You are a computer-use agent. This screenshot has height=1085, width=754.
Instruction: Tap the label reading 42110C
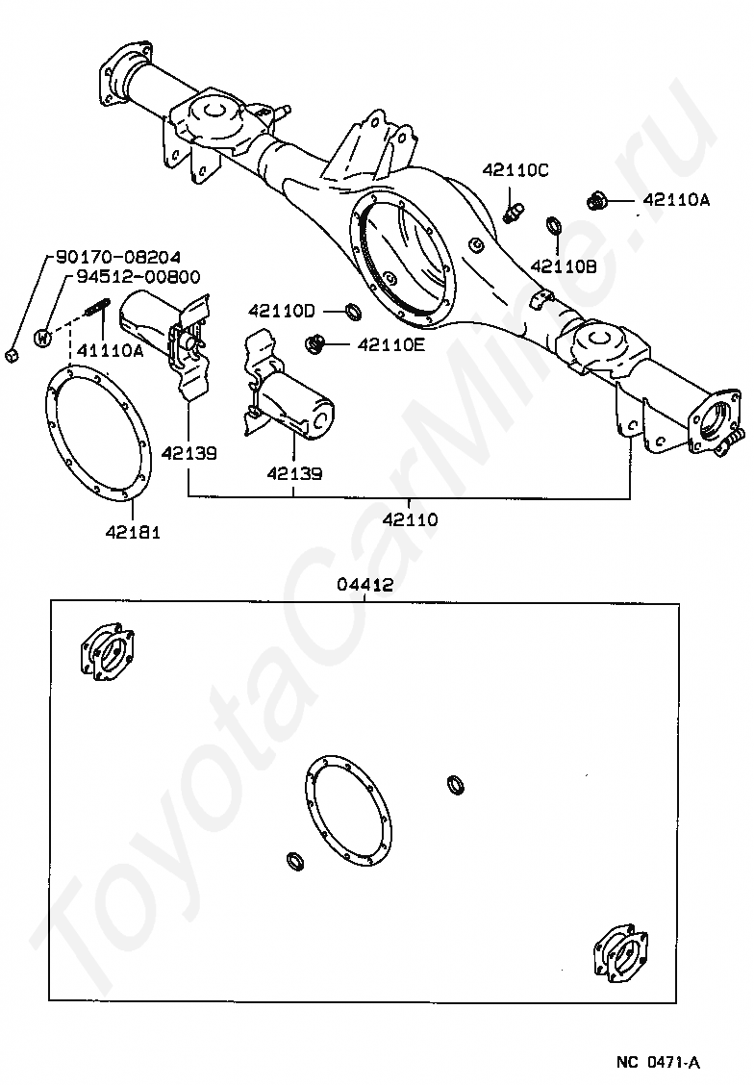pyautogui.click(x=515, y=170)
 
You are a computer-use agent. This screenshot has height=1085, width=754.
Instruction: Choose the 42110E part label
pyautogui.click(x=391, y=343)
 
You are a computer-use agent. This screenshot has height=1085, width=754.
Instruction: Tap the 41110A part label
pyautogui.click(x=110, y=351)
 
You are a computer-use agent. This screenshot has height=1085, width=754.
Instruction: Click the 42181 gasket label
pyautogui.click(x=128, y=531)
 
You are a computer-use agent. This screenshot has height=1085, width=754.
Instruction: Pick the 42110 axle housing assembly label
pyautogui.click(x=410, y=519)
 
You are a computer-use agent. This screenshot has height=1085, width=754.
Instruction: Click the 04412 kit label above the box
pyautogui.click(x=365, y=584)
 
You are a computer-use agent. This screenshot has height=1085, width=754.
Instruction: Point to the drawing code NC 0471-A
pyautogui.click(x=659, y=1062)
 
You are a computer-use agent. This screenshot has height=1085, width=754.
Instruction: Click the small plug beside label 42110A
pyautogui.click(x=596, y=201)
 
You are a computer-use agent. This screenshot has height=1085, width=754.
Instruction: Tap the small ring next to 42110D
pyautogui.click(x=353, y=311)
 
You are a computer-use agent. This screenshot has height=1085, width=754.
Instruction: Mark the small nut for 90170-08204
pyautogui.click(x=11, y=357)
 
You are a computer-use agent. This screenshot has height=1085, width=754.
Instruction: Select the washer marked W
pyautogui.click(x=42, y=337)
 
